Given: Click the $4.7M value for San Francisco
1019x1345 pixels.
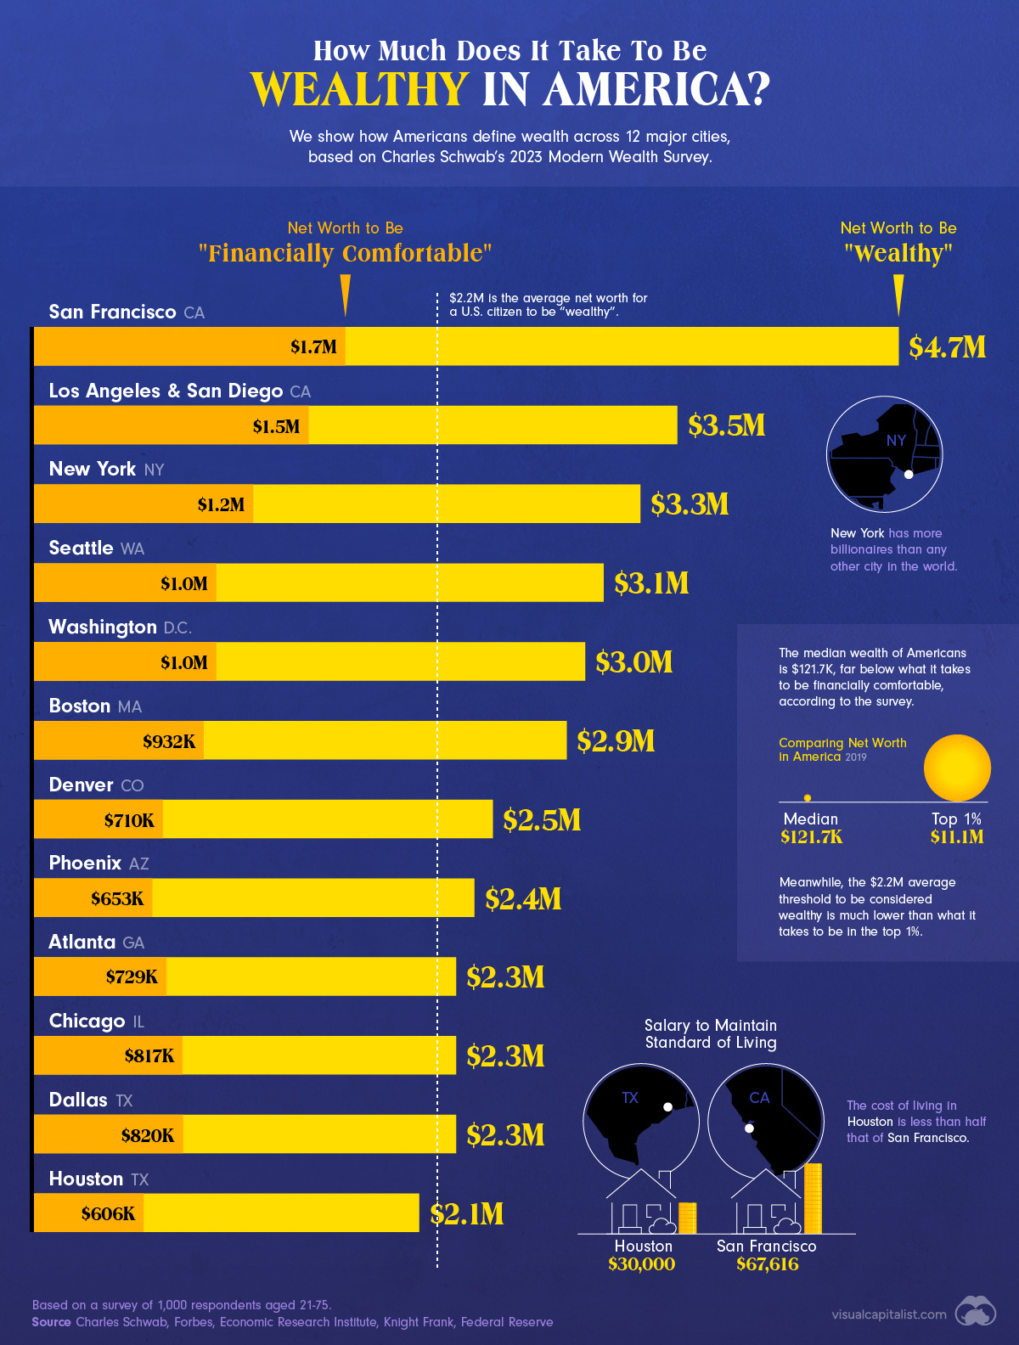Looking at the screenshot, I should (947, 347).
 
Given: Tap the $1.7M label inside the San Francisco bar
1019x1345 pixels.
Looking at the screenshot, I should (313, 347).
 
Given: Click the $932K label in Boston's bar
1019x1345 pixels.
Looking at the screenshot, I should (169, 741).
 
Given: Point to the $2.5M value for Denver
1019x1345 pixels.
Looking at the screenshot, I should (542, 820).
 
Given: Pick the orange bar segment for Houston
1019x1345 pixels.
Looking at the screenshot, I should (88, 1213).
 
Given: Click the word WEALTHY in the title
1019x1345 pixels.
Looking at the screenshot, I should (359, 89).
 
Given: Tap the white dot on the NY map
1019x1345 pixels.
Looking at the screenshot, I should (908, 475).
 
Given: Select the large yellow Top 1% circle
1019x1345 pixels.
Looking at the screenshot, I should (957, 768).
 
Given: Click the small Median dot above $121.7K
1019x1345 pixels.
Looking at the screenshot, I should (807, 798).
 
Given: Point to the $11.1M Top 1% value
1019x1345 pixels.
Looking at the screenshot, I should (957, 837).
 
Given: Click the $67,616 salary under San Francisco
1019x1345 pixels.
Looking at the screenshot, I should (767, 1264).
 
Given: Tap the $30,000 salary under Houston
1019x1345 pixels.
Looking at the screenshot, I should (641, 1264).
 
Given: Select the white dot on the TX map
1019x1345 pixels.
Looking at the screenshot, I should (668, 1107).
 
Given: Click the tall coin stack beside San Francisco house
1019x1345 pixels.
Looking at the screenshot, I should (813, 1199).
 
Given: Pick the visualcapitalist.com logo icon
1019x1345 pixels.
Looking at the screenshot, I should (975, 1313).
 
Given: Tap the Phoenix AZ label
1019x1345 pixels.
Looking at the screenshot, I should (99, 864).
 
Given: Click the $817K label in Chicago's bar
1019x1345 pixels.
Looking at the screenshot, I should (149, 1056).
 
